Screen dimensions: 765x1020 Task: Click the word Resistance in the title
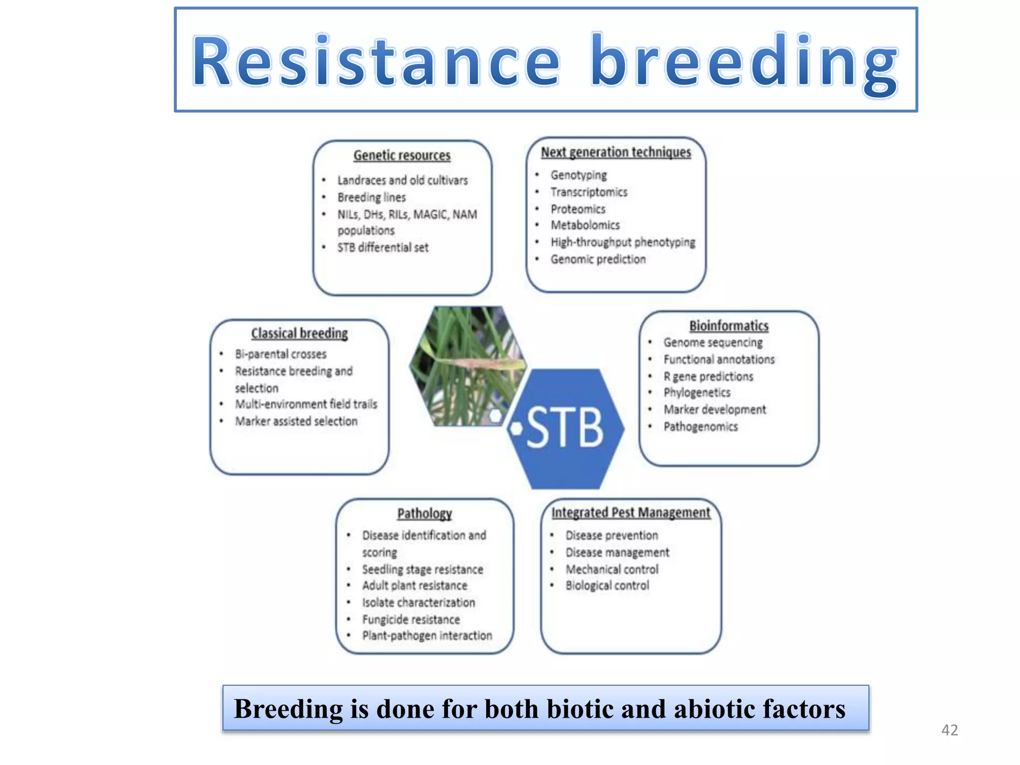pos(377,62)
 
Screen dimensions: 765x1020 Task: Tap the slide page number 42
pos(949,730)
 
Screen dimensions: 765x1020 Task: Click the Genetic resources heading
pos(402,155)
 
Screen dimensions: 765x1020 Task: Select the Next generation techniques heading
pos(616,152)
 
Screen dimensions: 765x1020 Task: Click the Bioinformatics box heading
pos(729,326)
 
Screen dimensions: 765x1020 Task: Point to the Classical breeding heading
pos(299,333)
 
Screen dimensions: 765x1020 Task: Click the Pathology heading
pos(424,513)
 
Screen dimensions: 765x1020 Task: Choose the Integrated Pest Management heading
pos(631,512)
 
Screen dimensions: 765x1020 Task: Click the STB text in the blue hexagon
pos(564,427)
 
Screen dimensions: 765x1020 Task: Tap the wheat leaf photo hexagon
pos(467,366)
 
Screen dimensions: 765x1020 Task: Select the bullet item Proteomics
pos(578,209)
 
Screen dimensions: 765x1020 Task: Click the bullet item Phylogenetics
pos(697,393)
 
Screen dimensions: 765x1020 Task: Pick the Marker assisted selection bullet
pos(296,421)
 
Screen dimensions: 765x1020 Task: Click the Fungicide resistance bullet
pos(411,620)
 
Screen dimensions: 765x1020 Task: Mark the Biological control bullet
pos(607,586)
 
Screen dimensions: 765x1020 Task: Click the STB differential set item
pos(382,248)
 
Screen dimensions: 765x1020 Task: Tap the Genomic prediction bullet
pos(598,259)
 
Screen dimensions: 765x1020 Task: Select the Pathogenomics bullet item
pos(700,427)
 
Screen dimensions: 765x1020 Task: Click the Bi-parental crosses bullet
pos(281,354)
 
